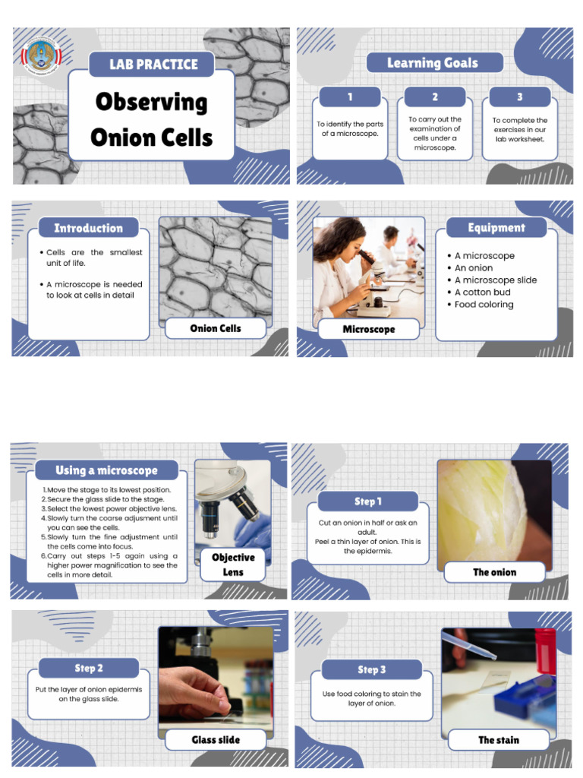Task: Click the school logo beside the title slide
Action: pos(43,55)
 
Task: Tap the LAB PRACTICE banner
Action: pos(153,64)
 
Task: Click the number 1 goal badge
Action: pos(350,97)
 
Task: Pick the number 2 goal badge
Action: pos(435,97)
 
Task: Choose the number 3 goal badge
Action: pos(520,97)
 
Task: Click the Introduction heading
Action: pos(88,228)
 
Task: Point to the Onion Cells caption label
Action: pos(216,328)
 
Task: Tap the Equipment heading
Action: pos(496,228)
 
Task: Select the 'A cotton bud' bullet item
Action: pos(482,293)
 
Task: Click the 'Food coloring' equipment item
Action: pos(484,305)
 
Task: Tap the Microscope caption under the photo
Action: pos(369,329)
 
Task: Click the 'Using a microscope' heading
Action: pos(106,470)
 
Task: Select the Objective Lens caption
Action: pos(233,565)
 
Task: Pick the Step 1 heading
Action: pos(368,501)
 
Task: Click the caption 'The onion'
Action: pos(494,572)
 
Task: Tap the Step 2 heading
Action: pos(89,669)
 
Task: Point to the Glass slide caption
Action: pos(216,739)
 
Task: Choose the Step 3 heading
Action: pos(372,669)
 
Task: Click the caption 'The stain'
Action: pos(498,739)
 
